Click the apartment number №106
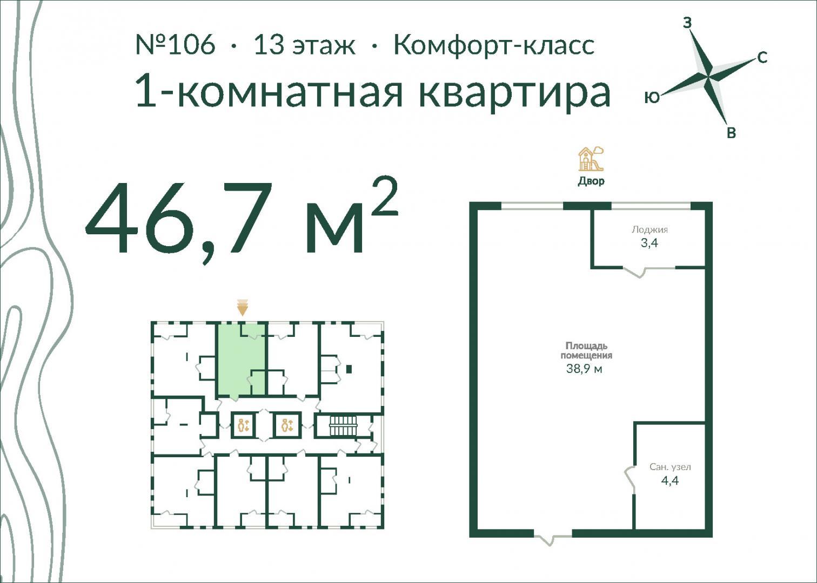tap(176, 45)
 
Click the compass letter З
tap(687, 23)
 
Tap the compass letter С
tap(762, 58)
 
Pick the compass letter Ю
tap(652, 97)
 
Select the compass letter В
tap(731, 133)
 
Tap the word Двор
tap(591, 181)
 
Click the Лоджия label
tap(649, 229)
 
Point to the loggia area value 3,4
tap(649, 243)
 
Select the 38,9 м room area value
tap(584, 369)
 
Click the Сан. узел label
tap(670, 467)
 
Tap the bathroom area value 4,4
tap(669, 481)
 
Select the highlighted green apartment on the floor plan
tap(241, 360)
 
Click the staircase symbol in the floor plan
tap(343, 426)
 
